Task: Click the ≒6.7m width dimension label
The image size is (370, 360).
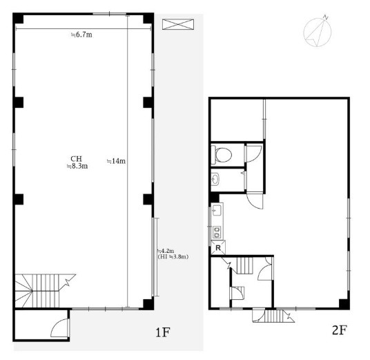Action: pos(81,35)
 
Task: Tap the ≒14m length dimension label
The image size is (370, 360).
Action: pos(117,161)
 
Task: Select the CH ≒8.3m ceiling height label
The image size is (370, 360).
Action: pos(77,162)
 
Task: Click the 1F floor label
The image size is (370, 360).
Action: pos(163,332)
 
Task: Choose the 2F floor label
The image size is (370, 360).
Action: pos(339,330)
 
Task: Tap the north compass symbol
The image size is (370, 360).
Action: pos(318,30)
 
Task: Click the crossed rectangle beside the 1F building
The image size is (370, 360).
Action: pos(178,24)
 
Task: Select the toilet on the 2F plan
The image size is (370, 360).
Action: pos(222,155)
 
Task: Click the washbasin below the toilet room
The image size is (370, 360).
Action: pos(215,179)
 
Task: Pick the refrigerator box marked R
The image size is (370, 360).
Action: pos(218,248)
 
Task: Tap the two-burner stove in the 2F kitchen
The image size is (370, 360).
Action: pos(217,232)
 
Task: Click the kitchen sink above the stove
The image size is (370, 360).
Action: pos(217,210)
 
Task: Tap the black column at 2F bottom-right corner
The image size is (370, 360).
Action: pos(344,304)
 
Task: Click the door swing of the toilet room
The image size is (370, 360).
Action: pos(253,154)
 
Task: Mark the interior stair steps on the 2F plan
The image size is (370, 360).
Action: pos(244,265)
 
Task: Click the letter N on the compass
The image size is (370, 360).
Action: pos(326,17)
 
